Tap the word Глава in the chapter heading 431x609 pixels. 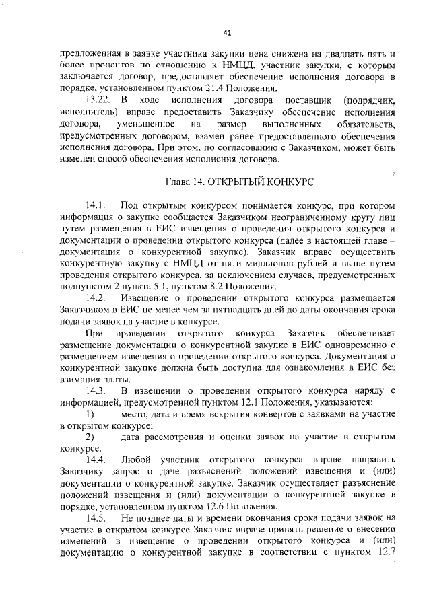179,182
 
